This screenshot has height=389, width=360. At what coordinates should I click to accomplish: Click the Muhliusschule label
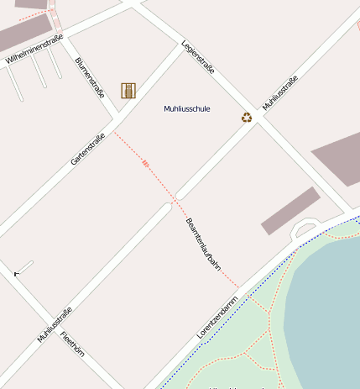pos(186,109)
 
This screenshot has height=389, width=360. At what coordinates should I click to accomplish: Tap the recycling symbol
pos(247,118)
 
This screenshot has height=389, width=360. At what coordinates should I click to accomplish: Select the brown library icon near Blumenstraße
pos(128,90)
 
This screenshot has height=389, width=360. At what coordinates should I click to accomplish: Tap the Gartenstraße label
pos(88,149)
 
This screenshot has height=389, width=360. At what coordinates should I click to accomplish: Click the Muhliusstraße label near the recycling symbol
pos(280,94)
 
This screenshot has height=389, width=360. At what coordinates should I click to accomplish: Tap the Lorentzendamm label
pos(217,317)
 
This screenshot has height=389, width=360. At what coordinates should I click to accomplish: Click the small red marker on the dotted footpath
pos(145,163)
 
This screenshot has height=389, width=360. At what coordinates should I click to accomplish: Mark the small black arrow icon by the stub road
pos(16,273)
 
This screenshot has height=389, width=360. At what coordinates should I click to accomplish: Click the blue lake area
pos(327,302)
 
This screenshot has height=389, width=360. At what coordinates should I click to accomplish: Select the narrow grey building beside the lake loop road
pos(290,210)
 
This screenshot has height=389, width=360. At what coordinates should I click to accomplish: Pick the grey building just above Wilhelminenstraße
pos(21,34)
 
